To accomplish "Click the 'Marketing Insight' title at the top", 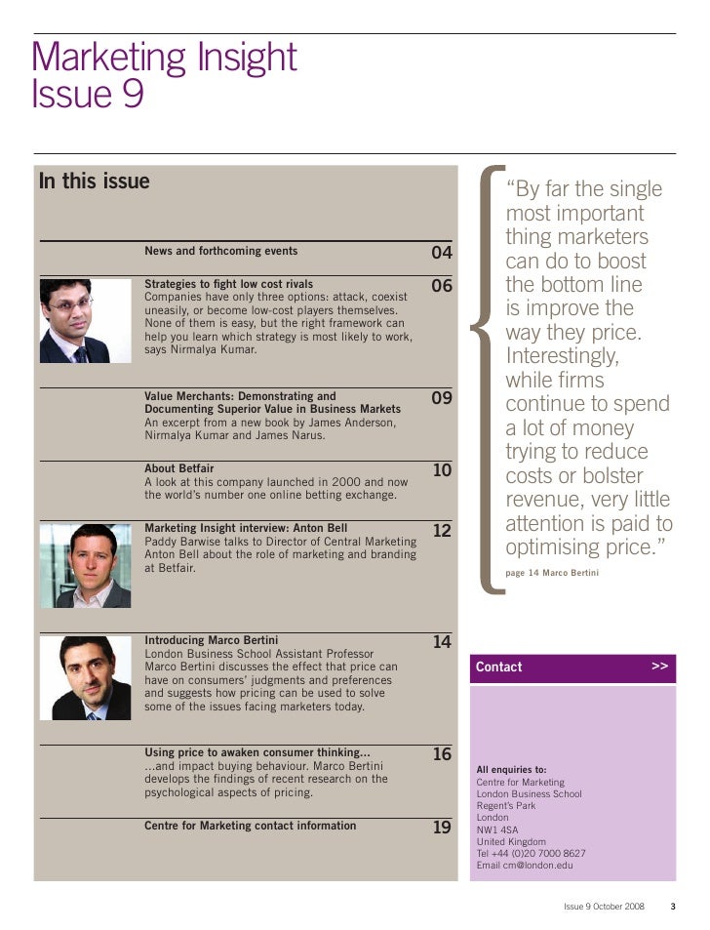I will (x=164, y=59).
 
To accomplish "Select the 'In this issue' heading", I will (x=95, y=182).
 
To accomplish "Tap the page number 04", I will (x=442, y=254).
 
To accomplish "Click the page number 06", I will (x=442, y=287).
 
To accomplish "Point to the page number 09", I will (x=442, y=399).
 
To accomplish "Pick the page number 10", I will (x=442, y=471).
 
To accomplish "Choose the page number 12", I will (x=442, y=531).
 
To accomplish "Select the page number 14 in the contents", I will (x=442, y=643).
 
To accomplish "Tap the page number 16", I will (x=442, y=755).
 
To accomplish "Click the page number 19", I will (x=442, y=828).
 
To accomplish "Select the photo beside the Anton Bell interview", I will (x=85, y=565).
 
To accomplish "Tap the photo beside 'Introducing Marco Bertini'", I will (x=85, y=677).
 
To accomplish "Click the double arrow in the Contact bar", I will (x=660, y=667).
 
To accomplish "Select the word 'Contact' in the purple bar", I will (x=499, y=667).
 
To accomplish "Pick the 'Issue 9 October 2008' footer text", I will (x=605, y=907).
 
